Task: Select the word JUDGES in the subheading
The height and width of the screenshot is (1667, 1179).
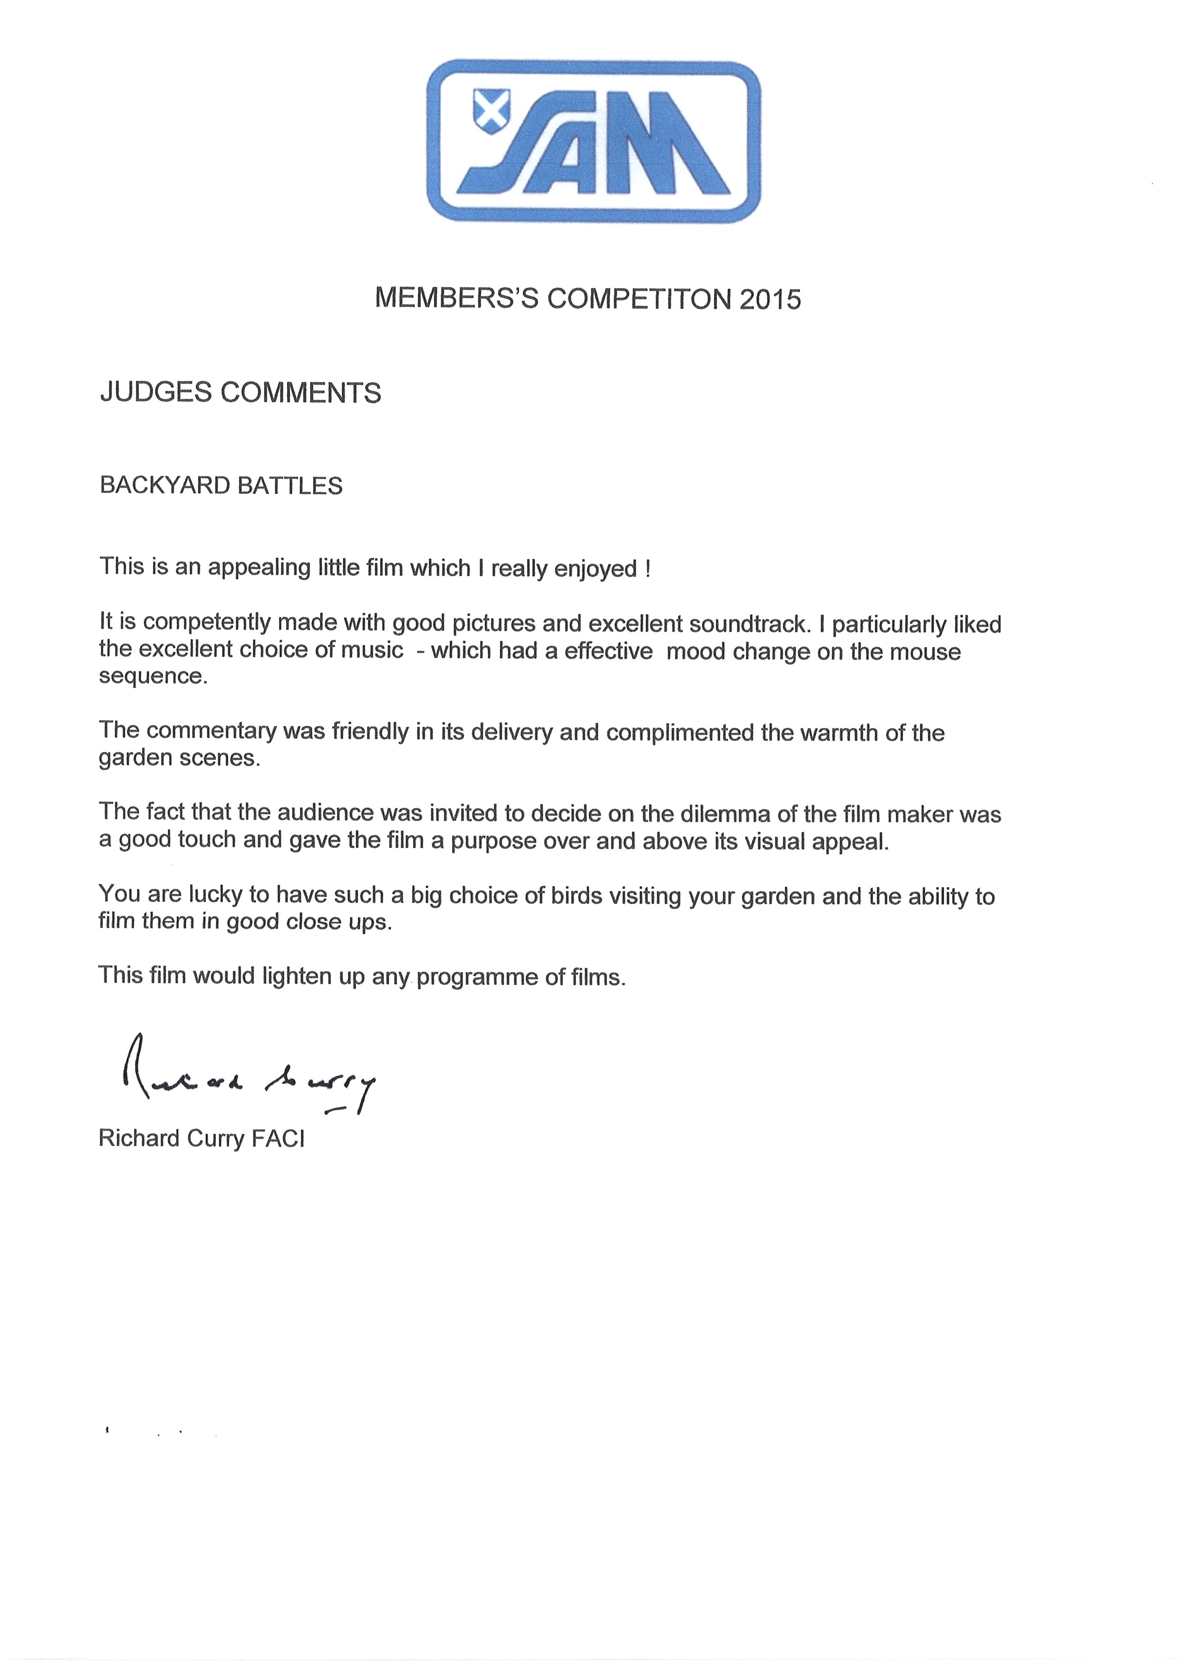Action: coord(155,393)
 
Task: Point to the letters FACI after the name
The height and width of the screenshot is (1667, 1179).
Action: coord(278,1137)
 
